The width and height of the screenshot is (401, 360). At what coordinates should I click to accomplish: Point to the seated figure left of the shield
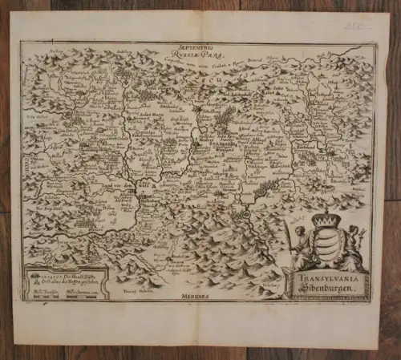pos(304,249)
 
